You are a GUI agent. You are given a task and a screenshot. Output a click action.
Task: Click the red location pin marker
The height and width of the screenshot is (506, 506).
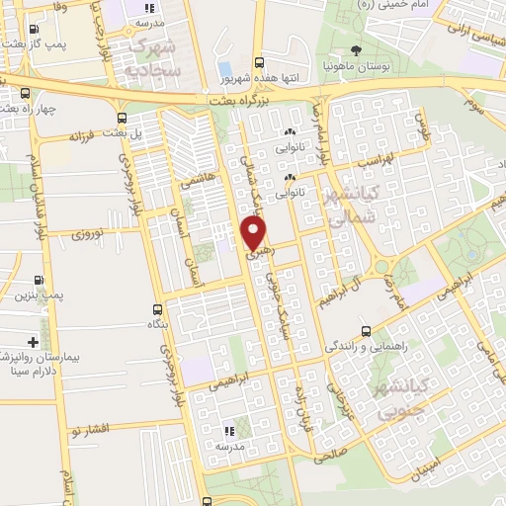pos(255,233)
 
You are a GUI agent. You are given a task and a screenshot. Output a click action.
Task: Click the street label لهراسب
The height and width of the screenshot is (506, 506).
pos(377,158)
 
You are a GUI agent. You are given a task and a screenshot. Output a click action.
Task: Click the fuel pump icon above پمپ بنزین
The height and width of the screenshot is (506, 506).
pos(39,280)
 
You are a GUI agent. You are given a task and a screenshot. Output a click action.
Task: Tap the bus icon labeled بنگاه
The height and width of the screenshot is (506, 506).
pos(157,308)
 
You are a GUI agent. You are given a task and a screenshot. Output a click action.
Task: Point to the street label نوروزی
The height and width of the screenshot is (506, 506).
pos(96,234)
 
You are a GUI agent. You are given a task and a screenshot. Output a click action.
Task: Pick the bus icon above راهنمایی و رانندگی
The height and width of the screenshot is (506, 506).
pos(367,331)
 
